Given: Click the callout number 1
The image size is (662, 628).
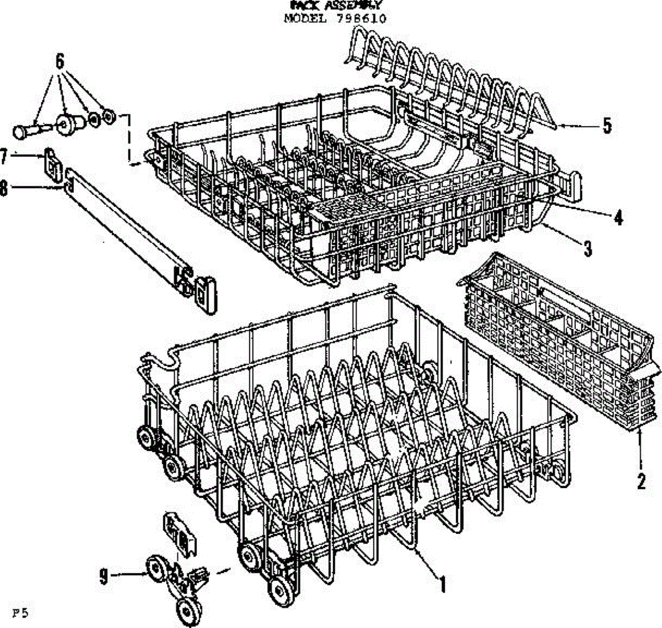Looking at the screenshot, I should [x=442, y=583].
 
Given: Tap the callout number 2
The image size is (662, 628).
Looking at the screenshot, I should [x=640, y=482].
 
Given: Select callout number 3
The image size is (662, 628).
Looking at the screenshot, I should [x=588, y=249].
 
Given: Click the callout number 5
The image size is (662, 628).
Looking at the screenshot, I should [x=607, y=126].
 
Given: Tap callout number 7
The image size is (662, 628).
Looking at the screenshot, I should [x=4, y=158].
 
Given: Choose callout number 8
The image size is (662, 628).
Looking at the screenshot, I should [x=4, y=188].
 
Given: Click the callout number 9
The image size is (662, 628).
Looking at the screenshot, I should [x=103, y=577].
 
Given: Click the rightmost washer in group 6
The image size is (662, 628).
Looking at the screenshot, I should [x=108, y=117].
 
